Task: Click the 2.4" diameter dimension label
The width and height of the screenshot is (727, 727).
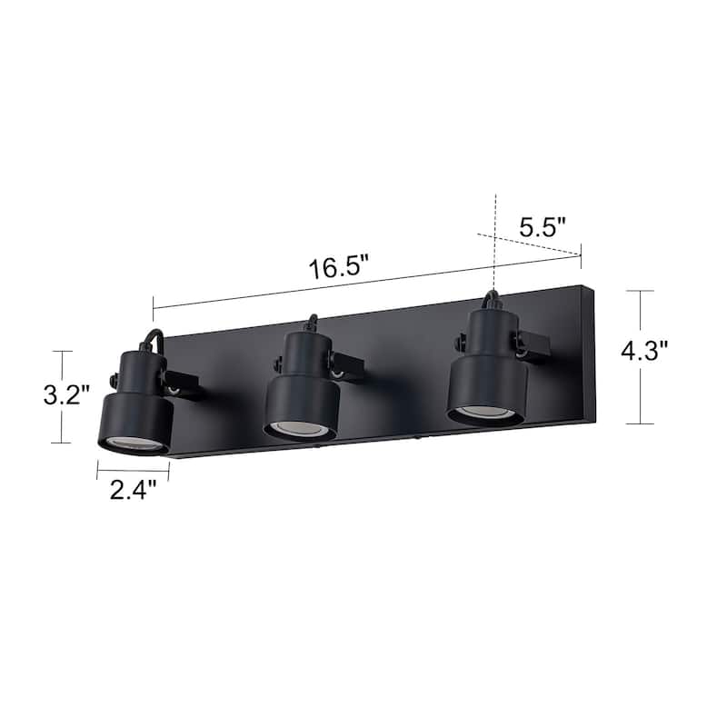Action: (133, 491)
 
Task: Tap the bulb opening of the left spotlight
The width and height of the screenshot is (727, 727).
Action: (134, 443)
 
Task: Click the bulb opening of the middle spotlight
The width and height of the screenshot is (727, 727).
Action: (299, 428)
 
